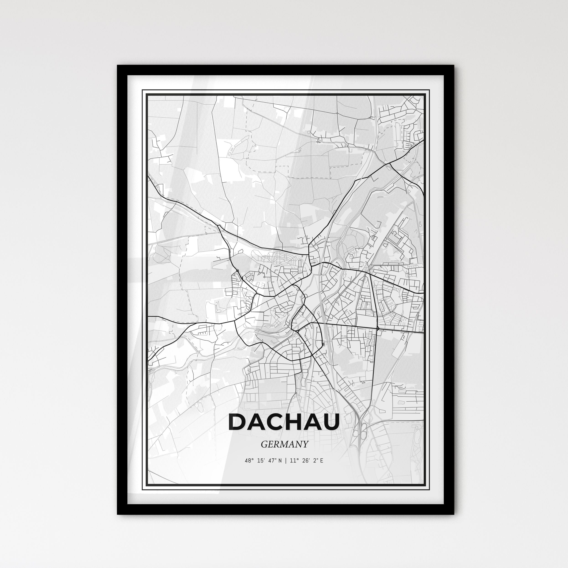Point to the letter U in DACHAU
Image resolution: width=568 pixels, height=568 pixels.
click(330, 422)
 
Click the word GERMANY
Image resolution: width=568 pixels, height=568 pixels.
click(284, 444)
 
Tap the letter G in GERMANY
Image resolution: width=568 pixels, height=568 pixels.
click(264, 444)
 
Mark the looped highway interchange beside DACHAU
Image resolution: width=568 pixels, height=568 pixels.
click(360, 434)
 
